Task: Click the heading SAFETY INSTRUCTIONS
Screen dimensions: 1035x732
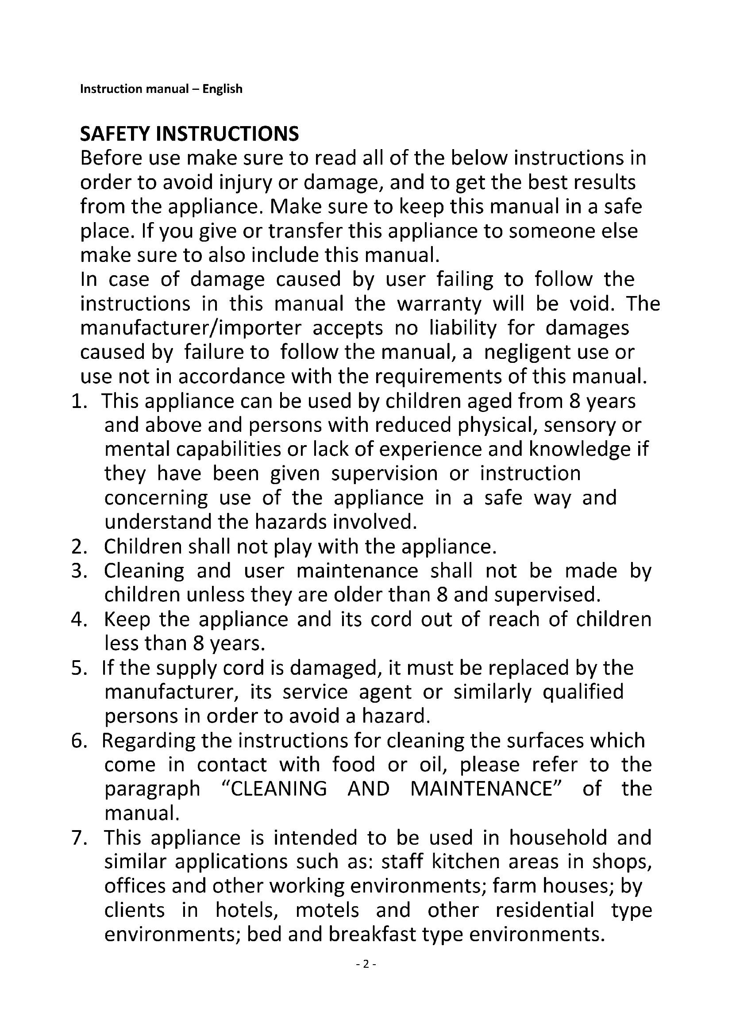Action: tap(189, 134)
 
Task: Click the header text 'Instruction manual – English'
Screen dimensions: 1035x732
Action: tap(161, 89)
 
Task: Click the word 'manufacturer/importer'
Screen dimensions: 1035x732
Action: tap(190, 328)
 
